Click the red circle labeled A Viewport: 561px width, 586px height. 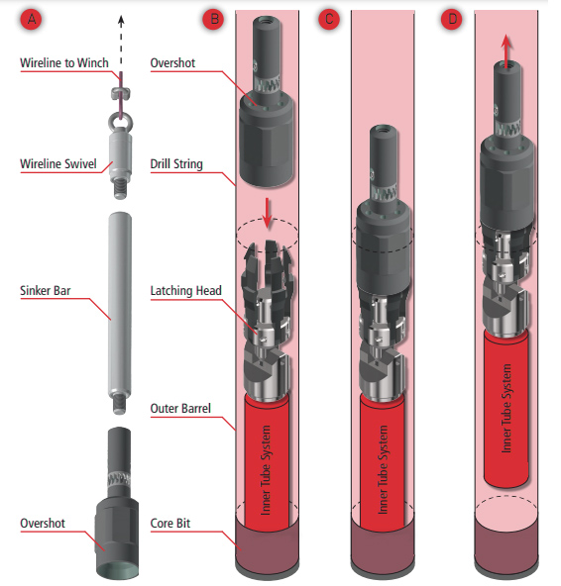(32, 20)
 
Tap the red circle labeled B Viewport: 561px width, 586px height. (214, 20)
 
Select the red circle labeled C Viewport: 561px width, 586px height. (329, 20)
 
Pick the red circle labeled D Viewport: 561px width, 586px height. (453, 20)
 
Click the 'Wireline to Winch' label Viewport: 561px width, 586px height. (64, 62)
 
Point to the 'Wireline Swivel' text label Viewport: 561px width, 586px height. (58, 163)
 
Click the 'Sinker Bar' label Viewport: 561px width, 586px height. (45, 290)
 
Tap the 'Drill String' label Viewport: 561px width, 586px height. (176, 163)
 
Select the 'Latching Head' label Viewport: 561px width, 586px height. (185, 290)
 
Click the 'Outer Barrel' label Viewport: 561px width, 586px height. (180, 408)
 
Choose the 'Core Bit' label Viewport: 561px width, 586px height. (169, 524)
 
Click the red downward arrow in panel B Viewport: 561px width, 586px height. (267, 213)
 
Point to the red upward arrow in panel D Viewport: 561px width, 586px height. (506, 51)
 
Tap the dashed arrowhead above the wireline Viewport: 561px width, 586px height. (121, 21)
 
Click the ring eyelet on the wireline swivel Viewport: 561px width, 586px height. (121, 121)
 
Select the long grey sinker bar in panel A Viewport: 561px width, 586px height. (120, 313)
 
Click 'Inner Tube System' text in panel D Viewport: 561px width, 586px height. (505, 409)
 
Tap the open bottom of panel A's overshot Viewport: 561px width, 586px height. (117, 569)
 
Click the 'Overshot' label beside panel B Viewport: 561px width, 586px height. (172, 62)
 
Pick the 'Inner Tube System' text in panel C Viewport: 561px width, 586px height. (383, 470)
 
